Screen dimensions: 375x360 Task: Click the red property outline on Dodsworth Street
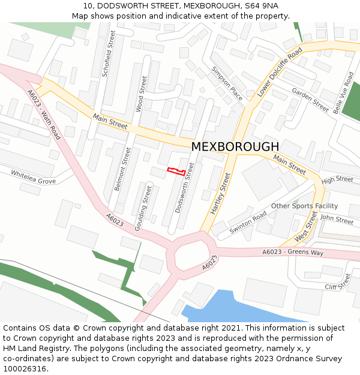pyautogui.click(x=175, y=172)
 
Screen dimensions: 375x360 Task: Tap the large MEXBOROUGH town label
pyautogui.click(x=235, y=147)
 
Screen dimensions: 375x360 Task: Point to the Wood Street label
pyautogui.click(x=141, y=94)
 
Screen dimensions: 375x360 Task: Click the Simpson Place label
pyautogui.click(x=227, y=83)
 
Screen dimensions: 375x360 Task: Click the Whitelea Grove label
pyautogui.click(x=33, y=177)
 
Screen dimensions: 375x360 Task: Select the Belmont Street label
pyautogui.click(x=122, y=169)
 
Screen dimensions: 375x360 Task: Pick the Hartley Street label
pyautogui.click(x=221, y=193)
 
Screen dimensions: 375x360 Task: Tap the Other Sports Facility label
pyautogui.click(x=304, y=206)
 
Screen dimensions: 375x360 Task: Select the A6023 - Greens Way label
pyautogui.click(x=293, y=253)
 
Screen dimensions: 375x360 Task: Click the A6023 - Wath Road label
pyautogui.click(x=44, y=115)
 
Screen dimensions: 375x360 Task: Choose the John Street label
pyautogui.click(x=337, y=220)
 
